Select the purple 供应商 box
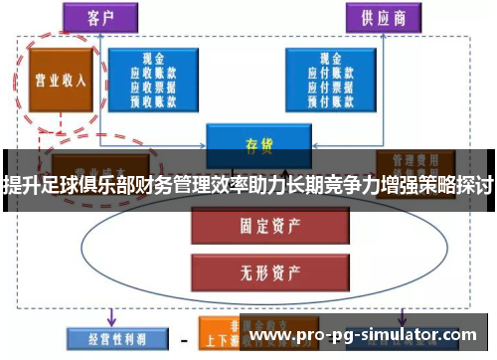[380, 17]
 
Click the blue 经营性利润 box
[105, 338]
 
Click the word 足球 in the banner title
[51, 183]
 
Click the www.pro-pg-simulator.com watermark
[368, 337]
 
